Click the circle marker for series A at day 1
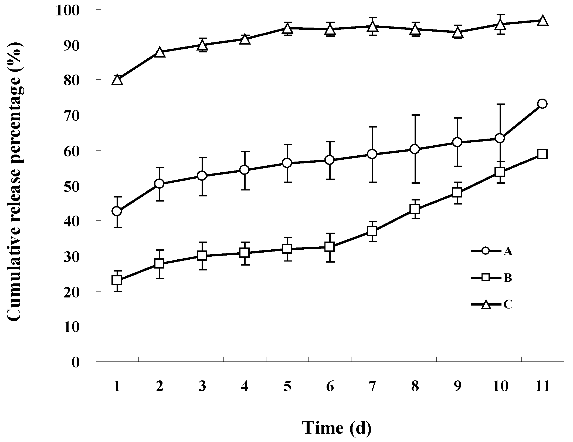pos(117,211)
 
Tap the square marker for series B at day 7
pos(372,231)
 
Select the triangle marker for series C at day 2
pos(160,52)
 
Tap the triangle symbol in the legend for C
pos(486,304)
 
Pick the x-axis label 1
pos(117,387)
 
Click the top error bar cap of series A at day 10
pos(500,104)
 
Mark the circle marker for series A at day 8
pos(415,149)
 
